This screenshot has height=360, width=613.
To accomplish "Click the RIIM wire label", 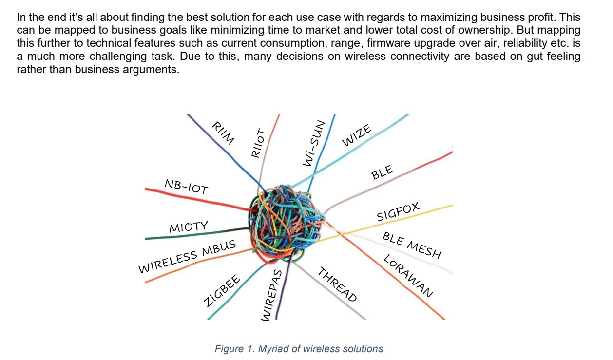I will click(x=223, y=133).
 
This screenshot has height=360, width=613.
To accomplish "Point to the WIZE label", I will click(x=357, y=135).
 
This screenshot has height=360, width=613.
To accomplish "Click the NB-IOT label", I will click(x=186, y=186).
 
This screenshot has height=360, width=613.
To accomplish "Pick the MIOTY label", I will click(x=189, y=227).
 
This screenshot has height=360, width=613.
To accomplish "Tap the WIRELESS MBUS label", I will click(x=188, y=256).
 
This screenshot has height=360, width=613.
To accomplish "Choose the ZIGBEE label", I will click(x=222, y=291).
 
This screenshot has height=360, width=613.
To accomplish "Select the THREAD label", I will click(x=338, y=284).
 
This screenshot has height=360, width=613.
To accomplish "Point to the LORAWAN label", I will click(x=408, y=276).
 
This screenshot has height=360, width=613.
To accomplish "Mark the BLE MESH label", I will click(x=412, y=245).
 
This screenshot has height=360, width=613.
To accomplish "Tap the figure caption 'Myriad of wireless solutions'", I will click(x=299, y=349).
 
